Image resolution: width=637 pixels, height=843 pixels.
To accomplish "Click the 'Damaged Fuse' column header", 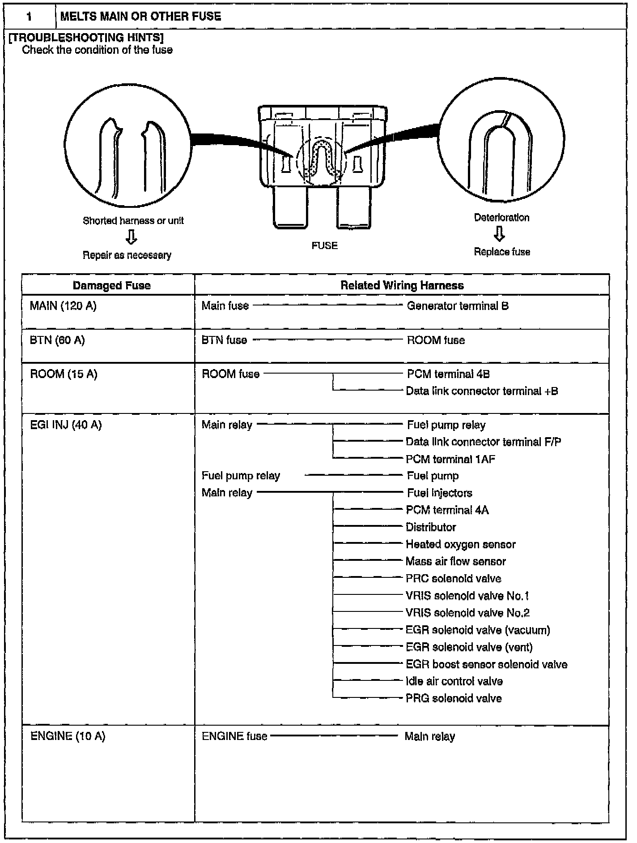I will click(111, 285).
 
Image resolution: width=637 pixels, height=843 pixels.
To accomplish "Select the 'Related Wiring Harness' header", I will click(402, 285).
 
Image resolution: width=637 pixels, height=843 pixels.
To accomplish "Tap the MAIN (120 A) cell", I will click(63, 306).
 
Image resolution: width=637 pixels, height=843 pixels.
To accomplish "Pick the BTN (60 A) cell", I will click(57, 340).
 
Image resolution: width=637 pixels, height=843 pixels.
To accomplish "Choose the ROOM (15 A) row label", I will click(64, 374).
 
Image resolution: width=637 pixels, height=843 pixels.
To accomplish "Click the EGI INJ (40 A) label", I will click(66, 425).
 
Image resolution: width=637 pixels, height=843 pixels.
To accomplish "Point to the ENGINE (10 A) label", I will click(68, 736).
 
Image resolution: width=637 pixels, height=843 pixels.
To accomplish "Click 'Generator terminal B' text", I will click(458, 306).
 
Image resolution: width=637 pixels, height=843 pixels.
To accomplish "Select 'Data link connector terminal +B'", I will click(482, 391).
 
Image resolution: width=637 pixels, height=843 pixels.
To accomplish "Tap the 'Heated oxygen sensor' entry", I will click(460, 544).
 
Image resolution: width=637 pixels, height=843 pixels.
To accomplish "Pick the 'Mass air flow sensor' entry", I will click(455, 561).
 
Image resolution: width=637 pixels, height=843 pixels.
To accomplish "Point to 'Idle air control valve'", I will click(454, 681).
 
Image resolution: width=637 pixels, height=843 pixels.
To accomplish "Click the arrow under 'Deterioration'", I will click(500, 234).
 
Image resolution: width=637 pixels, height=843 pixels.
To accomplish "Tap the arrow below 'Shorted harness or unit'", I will click(132, 237).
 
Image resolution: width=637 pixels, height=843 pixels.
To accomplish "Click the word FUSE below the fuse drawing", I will click(324, 245).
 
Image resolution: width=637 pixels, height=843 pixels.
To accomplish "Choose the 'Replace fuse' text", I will click(502, 252).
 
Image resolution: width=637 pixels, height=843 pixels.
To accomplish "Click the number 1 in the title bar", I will click(29, 17).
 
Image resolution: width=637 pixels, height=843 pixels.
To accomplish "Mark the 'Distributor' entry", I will click(431, 527).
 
